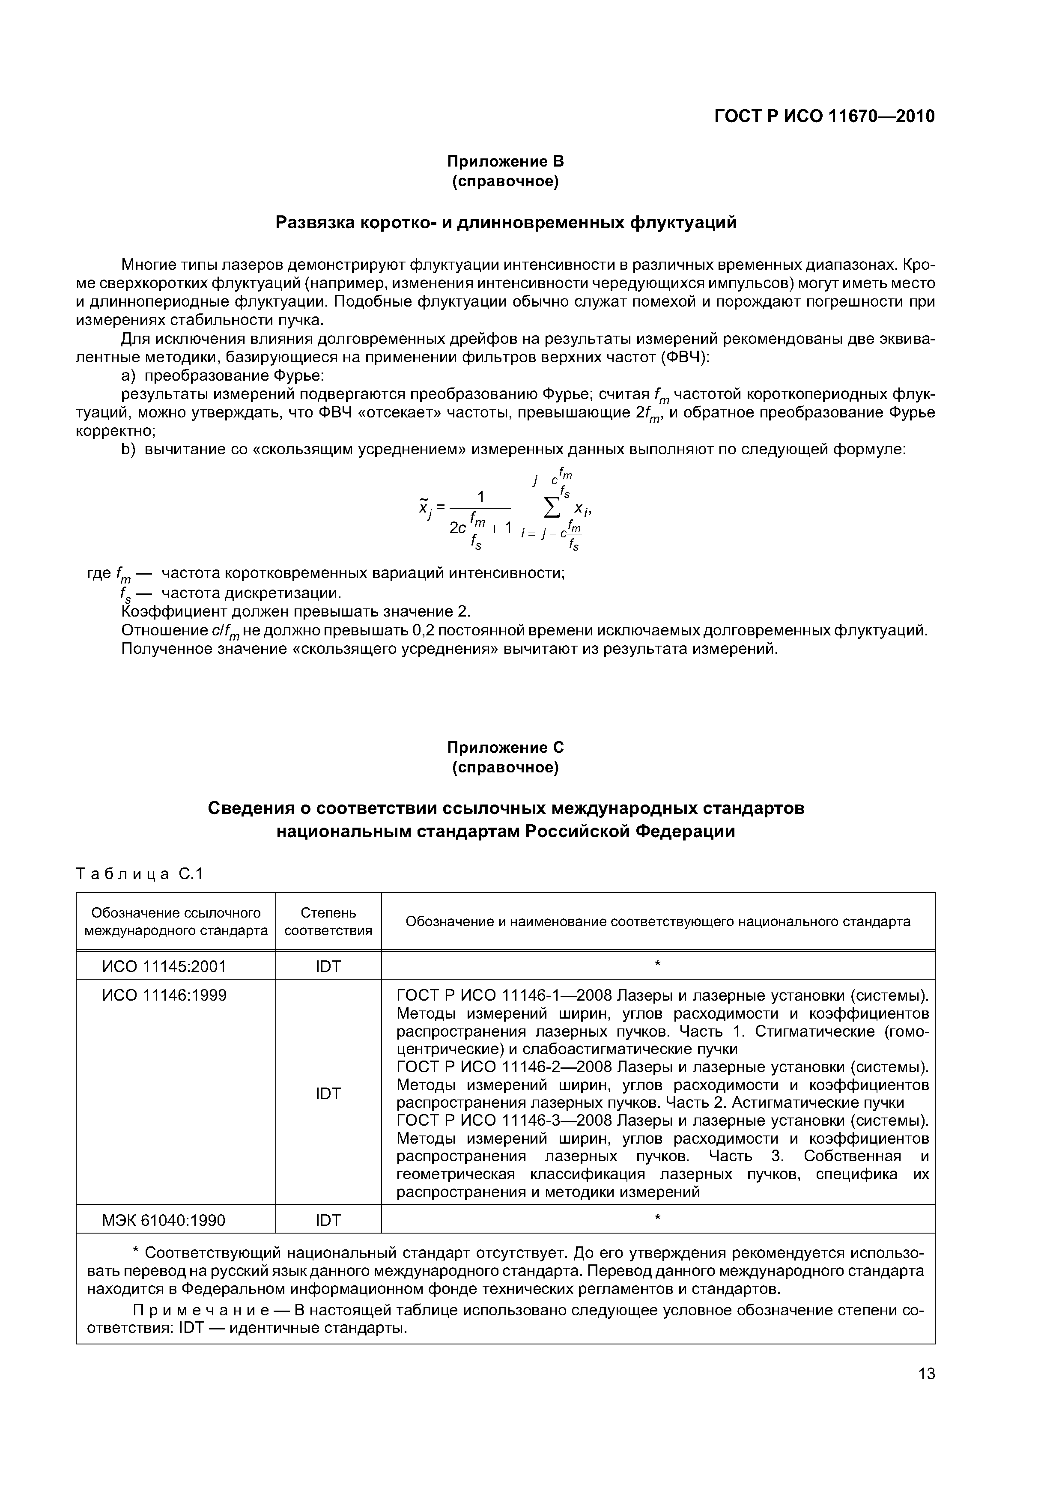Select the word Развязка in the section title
(316, 223)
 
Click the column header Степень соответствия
(328, 921)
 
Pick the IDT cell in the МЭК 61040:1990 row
(328, 1220)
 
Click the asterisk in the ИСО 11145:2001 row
(658, 964)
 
